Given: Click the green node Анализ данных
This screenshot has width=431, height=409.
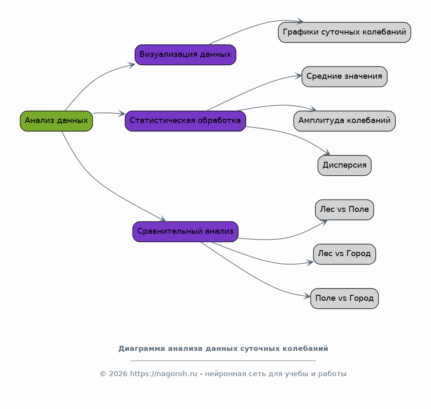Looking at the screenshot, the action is click(x=56, y=121).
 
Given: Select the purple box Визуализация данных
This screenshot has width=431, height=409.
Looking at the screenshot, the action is click(x=185, y=55).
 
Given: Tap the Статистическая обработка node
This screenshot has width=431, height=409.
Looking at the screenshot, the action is click(x=185, y=121).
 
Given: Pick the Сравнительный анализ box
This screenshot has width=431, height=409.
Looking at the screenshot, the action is click(x=185, y=232).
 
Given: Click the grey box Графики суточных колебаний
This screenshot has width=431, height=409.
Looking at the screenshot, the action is click(x=344, y=32).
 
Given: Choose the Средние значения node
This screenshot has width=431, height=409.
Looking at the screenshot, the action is click(x=344, y=77).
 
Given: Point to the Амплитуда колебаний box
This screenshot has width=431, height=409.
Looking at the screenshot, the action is click(x=344, y=121).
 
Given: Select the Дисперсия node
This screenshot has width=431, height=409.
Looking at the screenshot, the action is click(x=344, y=165).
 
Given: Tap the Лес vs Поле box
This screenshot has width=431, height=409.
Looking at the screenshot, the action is click(x=344, y=210).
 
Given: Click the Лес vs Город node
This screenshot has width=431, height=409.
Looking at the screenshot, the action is click(x=344, y=254).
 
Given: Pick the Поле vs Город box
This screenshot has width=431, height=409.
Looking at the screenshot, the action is click(x=344, y=298).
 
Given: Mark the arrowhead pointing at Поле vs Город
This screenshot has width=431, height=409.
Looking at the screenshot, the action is click(x=307, y=296).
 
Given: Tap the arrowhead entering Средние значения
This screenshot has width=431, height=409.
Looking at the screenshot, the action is click(x=298, y=76).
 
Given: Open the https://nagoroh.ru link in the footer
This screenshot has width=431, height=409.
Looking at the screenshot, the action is click(x=164, y=374).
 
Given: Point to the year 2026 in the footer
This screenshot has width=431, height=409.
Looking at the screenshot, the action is click(x=118, y=374).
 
